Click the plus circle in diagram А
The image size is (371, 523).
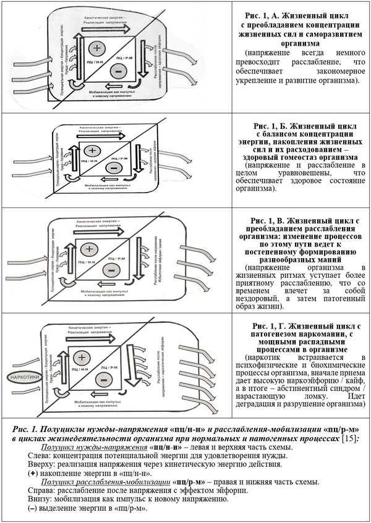pyautogui.click(x=96, y=48)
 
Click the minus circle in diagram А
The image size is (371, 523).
pyautogui.click(x=117, y=71)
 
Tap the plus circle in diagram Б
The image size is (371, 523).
pyautogui.click(x=93, y=151)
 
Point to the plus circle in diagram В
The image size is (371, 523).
pyautogui.click(x=90, y=249)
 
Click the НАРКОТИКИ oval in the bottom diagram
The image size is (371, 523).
pyautogui.click(x=22, y=375)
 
